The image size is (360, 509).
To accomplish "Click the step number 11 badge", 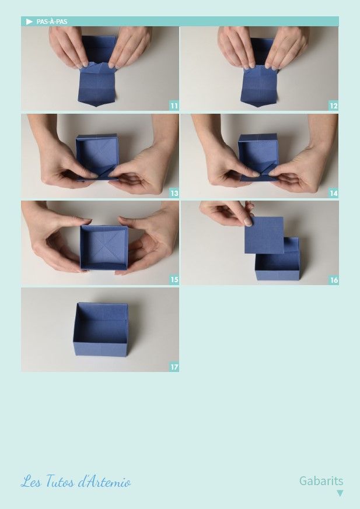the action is [174, 106].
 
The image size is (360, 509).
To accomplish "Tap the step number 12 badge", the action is [333, 106].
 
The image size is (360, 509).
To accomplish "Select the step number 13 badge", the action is [174, 193].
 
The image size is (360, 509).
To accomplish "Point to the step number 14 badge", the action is [333, 193].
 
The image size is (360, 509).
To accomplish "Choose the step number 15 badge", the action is [174, 280].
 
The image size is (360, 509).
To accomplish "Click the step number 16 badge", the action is [334, 280].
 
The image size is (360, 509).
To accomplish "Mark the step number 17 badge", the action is [174, 367].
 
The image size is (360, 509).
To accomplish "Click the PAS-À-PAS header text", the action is [52, 22].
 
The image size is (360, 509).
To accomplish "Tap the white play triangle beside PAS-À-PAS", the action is [29, 22].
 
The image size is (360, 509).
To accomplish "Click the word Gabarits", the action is [321, 481].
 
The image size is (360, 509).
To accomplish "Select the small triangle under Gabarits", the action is [340, 493].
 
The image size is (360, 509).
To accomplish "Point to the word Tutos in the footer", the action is [59, 481].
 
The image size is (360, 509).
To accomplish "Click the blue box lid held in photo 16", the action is [264, 235].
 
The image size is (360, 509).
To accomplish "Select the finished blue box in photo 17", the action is [101, 329].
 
